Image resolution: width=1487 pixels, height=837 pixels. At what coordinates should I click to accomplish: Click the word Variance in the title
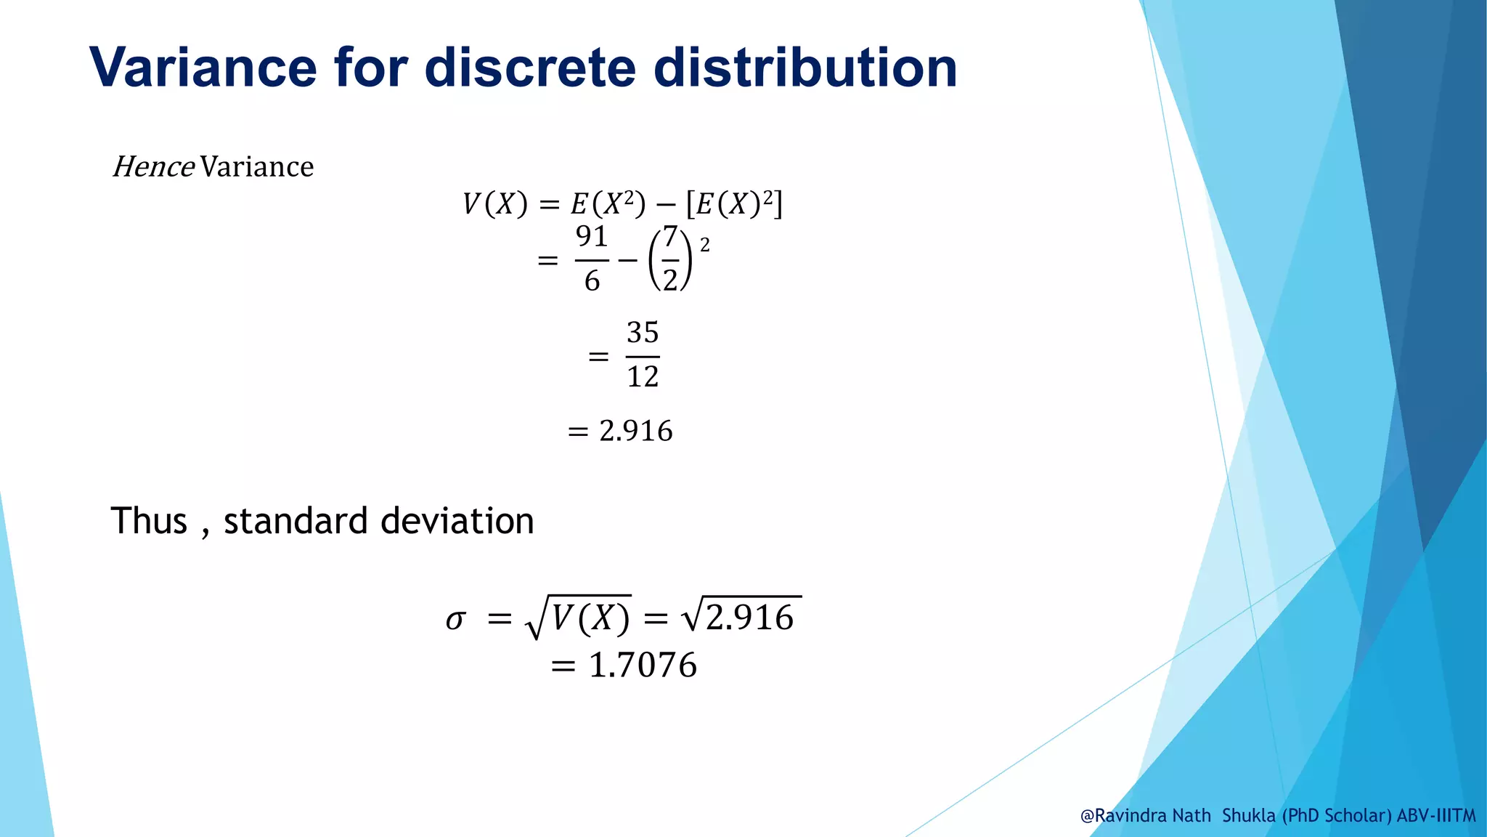(x=203, y=68)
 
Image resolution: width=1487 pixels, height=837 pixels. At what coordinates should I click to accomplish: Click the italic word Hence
(x=153, y=167)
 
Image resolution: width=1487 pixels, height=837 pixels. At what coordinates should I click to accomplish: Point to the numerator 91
(x=592, y=236)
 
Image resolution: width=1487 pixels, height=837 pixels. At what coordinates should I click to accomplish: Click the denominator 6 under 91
(x=592, y=280)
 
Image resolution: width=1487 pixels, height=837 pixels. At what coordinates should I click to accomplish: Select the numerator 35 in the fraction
(x=643, y=333)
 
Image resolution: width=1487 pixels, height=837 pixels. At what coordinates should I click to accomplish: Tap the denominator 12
(x=643, y=376)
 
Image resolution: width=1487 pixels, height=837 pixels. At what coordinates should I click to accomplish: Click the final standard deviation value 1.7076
(x=643, y=666)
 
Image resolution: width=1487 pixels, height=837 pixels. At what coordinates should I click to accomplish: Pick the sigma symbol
(x=455, y=620)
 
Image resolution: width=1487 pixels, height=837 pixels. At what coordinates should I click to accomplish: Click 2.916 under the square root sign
(x=750, y=618)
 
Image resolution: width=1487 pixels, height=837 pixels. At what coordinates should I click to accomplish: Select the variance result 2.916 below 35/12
(x=636, y=431)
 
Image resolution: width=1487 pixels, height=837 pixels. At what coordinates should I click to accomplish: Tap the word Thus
(x=149, y=521)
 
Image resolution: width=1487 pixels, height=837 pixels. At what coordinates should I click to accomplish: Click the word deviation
(x=457, y=521)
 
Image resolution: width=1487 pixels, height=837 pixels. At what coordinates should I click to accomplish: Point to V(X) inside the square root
(x=590, y=618)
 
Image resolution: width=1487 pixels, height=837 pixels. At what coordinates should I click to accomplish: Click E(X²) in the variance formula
(x=608, y=204)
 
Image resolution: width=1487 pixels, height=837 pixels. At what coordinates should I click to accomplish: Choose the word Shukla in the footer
(x=1249, y=816)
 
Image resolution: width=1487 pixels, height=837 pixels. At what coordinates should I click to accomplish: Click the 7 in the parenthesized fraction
(x=670, y=236)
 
